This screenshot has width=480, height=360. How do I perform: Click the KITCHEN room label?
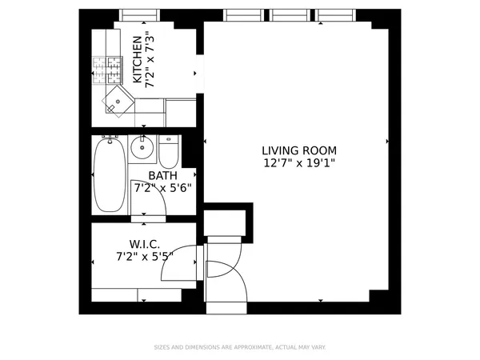pos(137,60)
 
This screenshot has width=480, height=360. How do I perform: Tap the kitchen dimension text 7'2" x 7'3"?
pos(150,60)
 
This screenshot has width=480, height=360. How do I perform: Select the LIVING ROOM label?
pos(299,150)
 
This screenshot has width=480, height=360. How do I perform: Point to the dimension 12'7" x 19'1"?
pos(299,163)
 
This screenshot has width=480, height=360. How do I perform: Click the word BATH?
pos(162,176)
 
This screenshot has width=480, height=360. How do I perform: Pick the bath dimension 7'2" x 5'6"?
pos(162,189)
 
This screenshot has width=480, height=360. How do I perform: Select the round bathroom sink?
pos(142,147)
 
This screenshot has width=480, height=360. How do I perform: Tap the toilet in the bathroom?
pos(169,150)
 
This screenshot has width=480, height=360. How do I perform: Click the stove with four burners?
pos(104,70)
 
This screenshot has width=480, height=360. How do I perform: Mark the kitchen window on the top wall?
pos(139,14)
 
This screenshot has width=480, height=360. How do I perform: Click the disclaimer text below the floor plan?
pos(239,347)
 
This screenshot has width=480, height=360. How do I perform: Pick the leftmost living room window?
pos(244,14)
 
